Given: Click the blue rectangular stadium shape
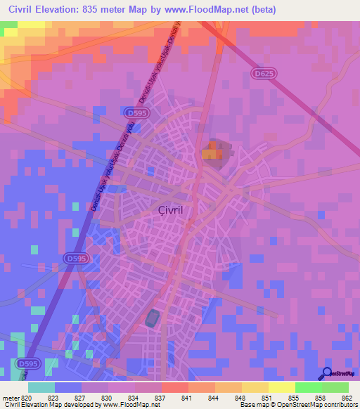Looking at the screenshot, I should tap(153, 318).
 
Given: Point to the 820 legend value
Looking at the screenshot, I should tap(28, 397).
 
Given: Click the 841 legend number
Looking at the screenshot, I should tap(186, 397).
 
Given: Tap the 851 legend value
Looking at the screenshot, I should tap(265, 397).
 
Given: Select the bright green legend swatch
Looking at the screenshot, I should tap(309, 387).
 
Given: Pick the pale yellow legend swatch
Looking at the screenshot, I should tap(282, 387).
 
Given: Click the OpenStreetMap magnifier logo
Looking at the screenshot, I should tap(326, 372).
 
